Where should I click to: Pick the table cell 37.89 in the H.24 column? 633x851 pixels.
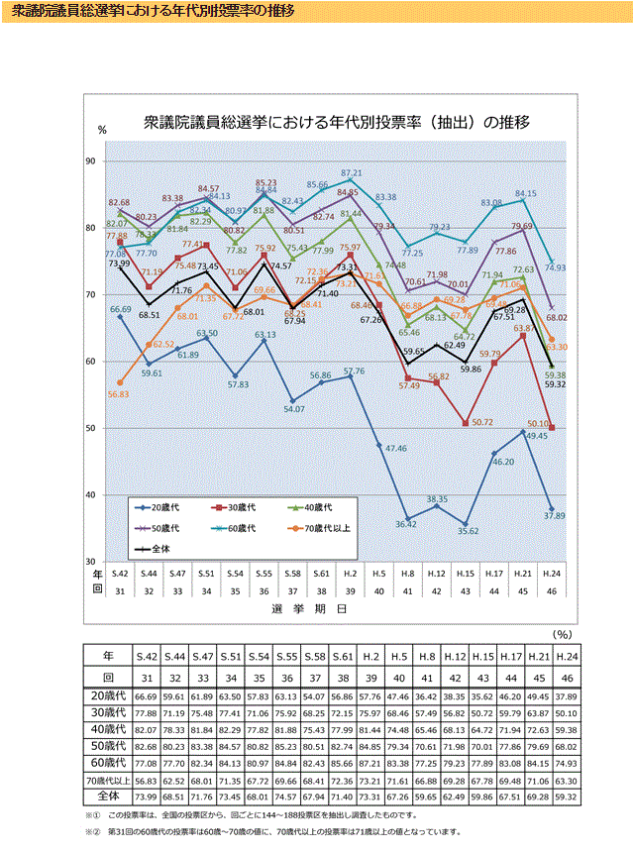click(x=567, y=698)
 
